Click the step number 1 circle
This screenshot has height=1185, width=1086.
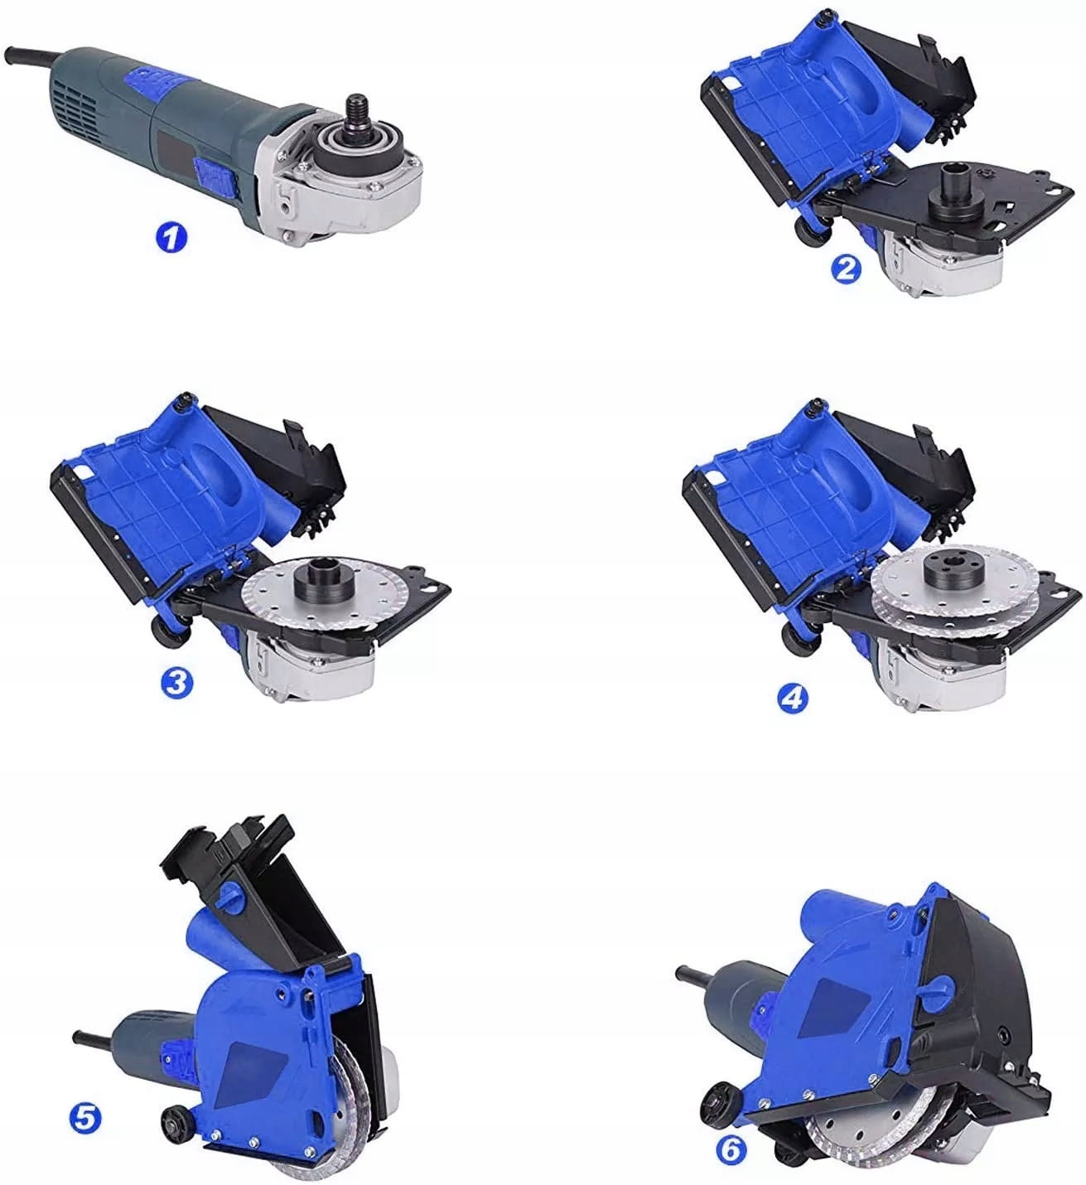click(x=171, y=239)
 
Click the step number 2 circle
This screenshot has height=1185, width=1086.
click(x=847, y=268)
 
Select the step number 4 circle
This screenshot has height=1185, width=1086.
click(x=793, y=699)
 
